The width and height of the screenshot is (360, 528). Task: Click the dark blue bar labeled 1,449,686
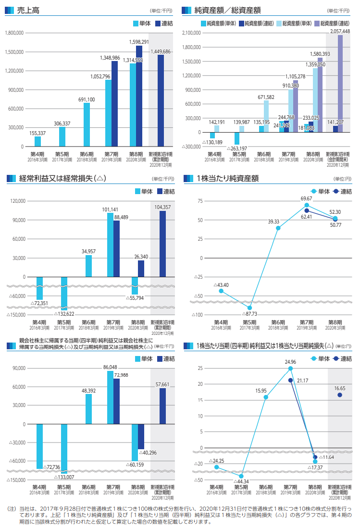(161, 100)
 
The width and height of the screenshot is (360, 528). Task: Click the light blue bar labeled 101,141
(110, 245)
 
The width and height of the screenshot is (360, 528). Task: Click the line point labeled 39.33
(278, 228)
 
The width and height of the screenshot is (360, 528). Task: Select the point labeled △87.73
(249, 307)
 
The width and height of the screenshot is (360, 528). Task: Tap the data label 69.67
(307, 198)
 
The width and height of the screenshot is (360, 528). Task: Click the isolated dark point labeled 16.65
(340, 395)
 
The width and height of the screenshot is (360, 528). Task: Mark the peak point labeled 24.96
(290, 368)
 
